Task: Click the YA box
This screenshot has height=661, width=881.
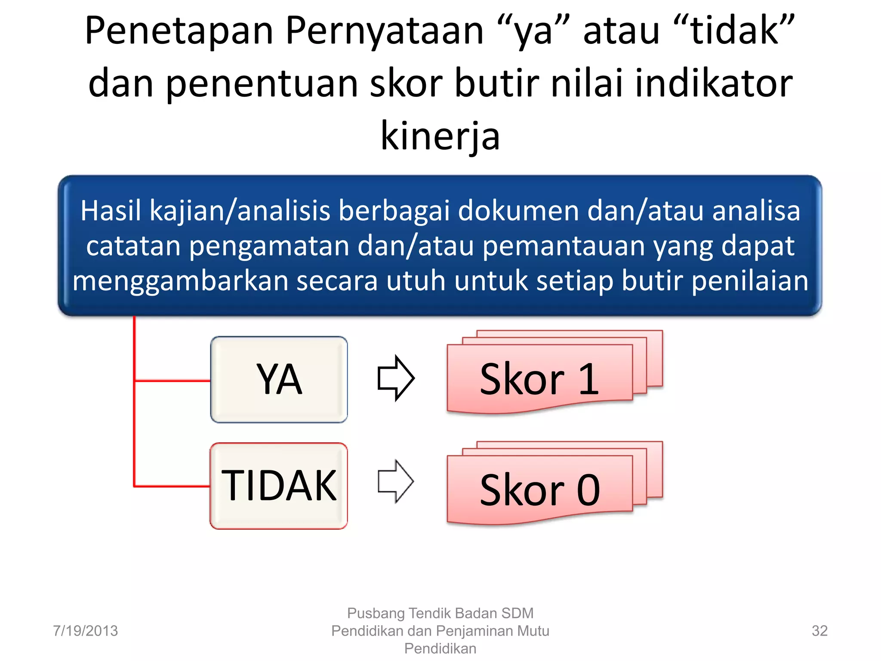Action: tap(279, 379)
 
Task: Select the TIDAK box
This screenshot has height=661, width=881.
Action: tap(279, 485)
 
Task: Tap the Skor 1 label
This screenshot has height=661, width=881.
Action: tap(539, 379)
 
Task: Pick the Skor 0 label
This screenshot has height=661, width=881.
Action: tap(539, 490)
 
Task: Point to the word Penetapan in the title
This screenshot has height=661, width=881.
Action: tap(179, 31)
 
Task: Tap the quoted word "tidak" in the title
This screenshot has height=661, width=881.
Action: tap(735, 31)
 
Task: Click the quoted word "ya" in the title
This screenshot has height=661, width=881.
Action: tap(533, 31)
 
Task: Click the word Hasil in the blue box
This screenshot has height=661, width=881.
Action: tap(111, 211)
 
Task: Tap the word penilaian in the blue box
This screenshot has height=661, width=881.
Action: tap(750, 281)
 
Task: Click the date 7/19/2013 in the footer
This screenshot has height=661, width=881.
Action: tap(85, 631)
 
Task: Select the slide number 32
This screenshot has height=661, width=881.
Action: tap(819, 631)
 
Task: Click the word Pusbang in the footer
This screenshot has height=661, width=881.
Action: tap(376, 613)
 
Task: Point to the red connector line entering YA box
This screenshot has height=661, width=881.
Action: tap(172, 380)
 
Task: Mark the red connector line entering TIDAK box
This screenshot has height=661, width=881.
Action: tap(172, 486)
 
